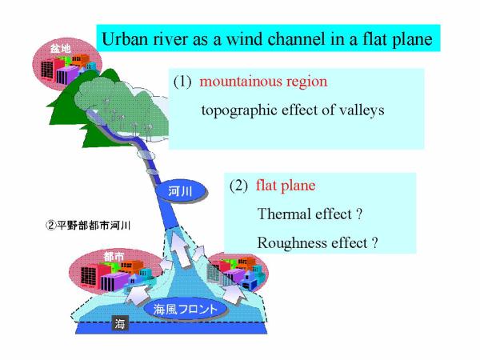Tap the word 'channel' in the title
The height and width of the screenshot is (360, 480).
[296, 39]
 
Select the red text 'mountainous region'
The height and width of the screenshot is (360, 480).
[263, 82]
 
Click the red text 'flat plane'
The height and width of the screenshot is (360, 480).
[286, 186]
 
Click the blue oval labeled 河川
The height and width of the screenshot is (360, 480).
[181, 191]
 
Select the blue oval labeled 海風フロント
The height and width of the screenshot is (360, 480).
[186, 309]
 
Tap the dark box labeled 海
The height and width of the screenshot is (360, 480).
[120, 323]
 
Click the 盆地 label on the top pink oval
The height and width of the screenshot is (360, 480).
[61, 49]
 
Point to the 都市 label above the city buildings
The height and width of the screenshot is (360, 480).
[114, 257]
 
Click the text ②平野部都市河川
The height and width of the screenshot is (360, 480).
[88, 226]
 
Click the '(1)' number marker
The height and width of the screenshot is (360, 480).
[182, 82]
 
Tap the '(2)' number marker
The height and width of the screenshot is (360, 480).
[238, 186]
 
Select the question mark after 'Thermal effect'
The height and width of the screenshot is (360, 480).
[360, 214]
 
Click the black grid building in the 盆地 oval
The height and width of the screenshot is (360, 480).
[48, 70]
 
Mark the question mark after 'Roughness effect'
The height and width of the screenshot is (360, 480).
[375, 242]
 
